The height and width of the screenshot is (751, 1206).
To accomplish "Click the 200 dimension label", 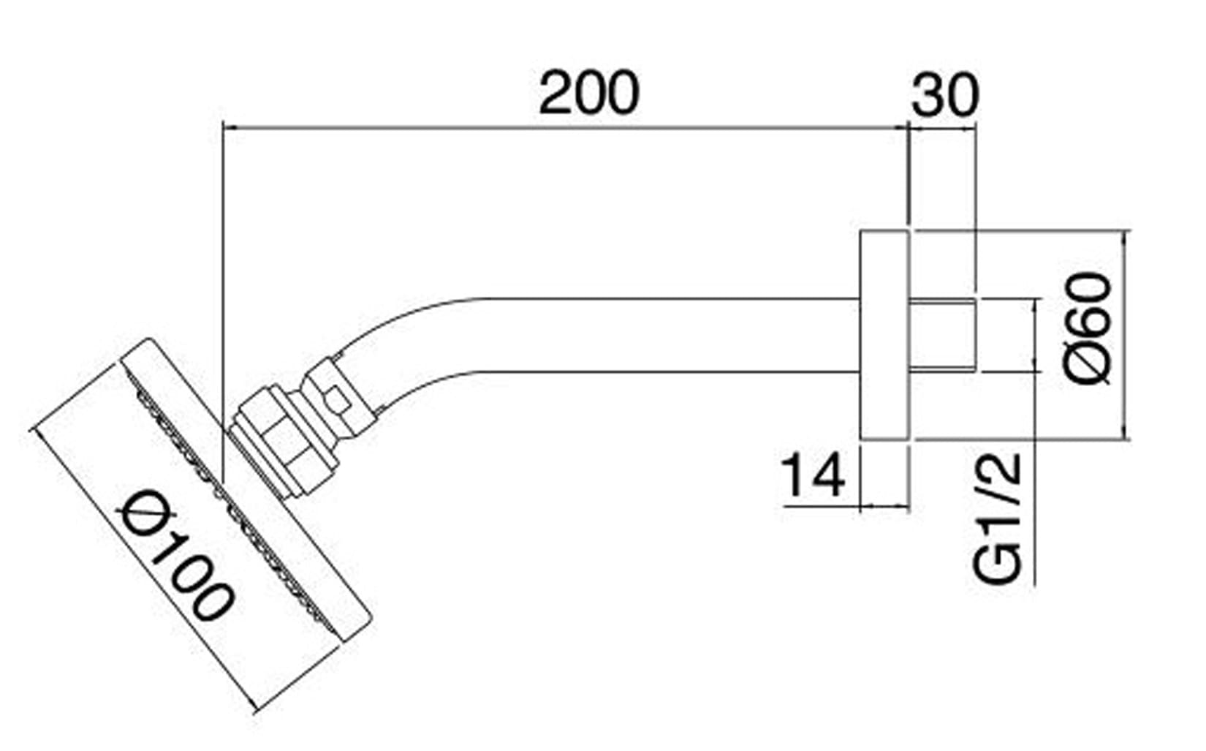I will (588, 94).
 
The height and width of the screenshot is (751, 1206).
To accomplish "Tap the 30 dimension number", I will (944, 95).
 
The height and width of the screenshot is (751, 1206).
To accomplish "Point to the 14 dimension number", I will (812, 475).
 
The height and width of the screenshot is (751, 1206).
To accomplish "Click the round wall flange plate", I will (884, 336).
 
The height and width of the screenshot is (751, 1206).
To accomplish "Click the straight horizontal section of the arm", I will (658, 336).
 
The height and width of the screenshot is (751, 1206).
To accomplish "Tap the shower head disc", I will (249, 490).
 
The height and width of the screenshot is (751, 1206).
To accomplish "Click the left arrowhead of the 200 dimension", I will (228, 128).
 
